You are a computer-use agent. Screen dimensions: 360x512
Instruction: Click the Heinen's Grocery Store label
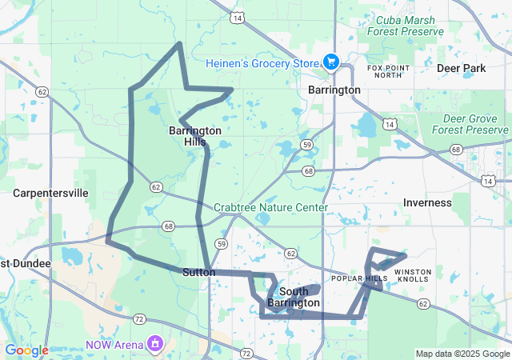point(262,63)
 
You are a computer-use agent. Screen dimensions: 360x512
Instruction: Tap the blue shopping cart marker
point(331,62)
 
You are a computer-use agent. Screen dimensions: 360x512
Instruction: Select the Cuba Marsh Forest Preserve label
point(405,26)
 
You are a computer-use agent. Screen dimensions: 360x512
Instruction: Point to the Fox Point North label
point(385,71)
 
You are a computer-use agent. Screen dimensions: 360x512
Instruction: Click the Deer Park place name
point(462,68)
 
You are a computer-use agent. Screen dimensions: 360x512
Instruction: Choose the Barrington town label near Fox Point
point(334,90)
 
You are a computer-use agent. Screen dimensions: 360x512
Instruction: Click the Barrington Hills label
point(195,136)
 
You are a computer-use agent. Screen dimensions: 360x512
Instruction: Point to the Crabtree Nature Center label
point(270,207)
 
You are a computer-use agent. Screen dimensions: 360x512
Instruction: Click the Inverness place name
point(427,202)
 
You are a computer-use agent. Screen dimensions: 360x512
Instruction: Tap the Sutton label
point(198,272)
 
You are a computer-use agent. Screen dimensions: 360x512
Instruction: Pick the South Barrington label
point(294,297)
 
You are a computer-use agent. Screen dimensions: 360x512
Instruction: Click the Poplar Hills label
point(365,278)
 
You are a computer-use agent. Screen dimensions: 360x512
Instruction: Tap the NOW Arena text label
point(114,344)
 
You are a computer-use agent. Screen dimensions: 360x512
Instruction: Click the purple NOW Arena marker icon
point(154,344)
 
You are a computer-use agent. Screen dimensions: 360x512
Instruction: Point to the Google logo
point(26,350)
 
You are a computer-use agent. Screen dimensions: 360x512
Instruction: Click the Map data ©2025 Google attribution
point(462,354)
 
